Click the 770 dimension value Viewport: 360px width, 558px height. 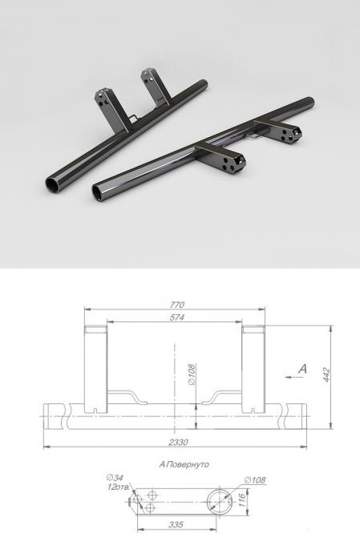177,305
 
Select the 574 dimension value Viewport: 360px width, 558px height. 177,317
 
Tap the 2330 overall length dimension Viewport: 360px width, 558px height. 178,443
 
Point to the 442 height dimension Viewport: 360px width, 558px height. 326,375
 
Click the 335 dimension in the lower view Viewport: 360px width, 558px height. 176,524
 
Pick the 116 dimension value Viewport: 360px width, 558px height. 242,501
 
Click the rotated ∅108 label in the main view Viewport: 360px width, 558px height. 192,374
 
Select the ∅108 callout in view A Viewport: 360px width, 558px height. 255,480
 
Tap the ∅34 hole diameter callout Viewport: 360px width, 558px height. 115,477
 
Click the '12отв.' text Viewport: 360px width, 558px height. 119,487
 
